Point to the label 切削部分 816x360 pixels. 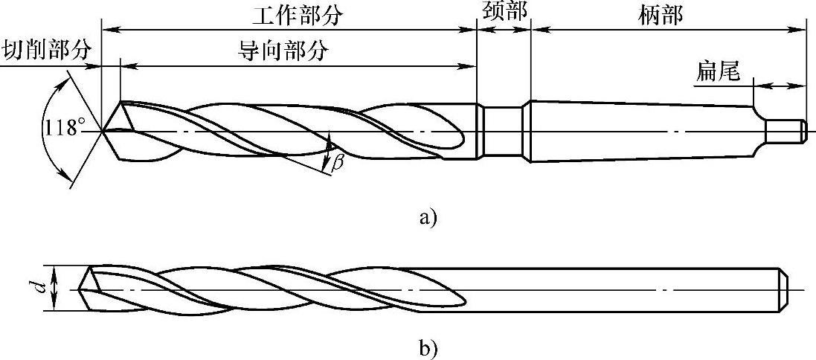pyautogui.click(x=46, y=51)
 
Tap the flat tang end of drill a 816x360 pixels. pyautogui.click(x=786, y=132)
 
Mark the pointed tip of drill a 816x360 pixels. pyautogui.click(x=102, y=132)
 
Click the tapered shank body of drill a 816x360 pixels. pyautogui.click(x=640, y=132)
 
